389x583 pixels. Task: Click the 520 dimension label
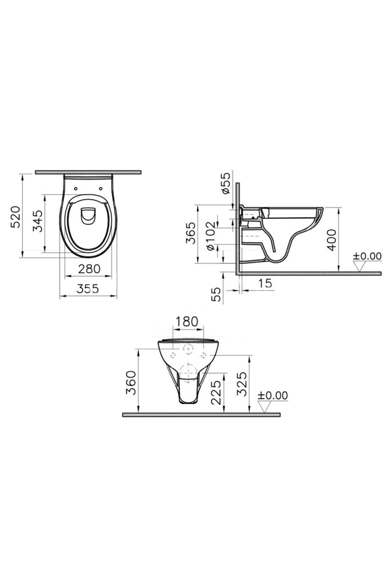16,216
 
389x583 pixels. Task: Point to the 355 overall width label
88,289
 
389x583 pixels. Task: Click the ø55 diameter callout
226,183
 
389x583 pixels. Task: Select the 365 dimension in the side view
190,233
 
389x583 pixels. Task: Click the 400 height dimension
331,240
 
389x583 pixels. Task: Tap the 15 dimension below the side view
265,283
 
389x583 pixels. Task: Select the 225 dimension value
216,392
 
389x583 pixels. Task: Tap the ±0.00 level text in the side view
367,256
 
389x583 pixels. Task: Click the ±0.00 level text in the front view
273,395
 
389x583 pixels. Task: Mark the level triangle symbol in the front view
265,406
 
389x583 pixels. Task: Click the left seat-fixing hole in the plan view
76,188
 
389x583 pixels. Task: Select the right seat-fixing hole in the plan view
100,188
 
